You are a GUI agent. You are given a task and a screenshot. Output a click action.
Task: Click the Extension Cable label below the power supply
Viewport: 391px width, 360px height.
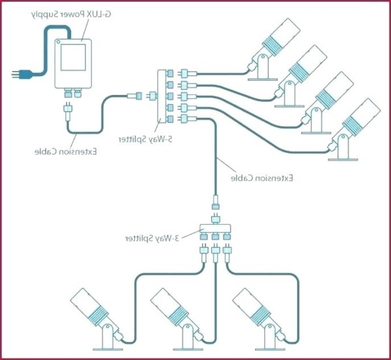point(66,152)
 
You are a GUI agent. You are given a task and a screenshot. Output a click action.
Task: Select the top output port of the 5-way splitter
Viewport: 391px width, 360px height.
point(171,73)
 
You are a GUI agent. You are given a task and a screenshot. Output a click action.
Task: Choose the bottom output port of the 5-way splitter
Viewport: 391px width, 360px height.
point(171,118)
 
